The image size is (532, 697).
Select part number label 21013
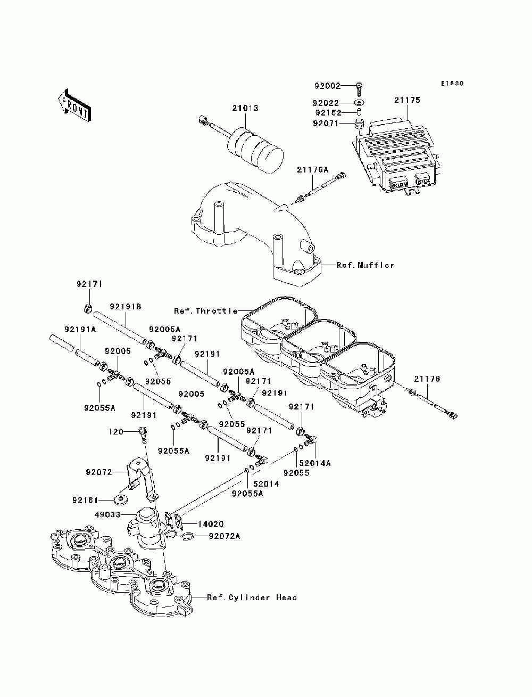click(x=245, y=108)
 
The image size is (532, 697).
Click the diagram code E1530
click(x=452, y=84)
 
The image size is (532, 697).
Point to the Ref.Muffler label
click(x=365, y=265)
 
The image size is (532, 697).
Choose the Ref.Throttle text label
click(x=205, y=310)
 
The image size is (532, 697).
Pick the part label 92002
click(x=327, y=85)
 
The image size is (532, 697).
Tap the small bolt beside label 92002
click(x=360, y=86)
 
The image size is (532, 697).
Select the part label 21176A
click(x=313, y=170)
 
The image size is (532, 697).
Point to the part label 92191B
click(x=126, y=307)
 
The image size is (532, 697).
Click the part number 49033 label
click(x=107, y=515)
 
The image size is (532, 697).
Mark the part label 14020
click(x=211, y=524)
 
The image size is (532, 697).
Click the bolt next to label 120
click(x=142, y=433)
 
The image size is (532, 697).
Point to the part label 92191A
click(x=80, y=330)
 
